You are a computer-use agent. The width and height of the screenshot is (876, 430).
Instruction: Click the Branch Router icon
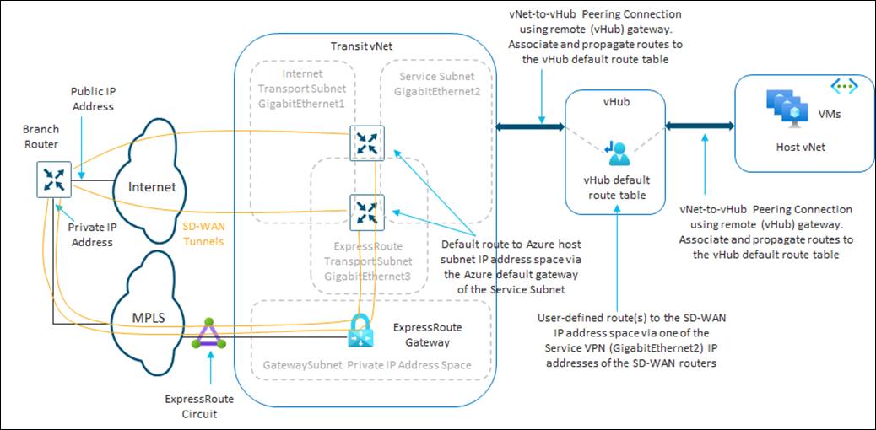tap(52, 180)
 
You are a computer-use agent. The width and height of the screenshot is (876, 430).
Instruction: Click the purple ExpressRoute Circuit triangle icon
tap(207, 337)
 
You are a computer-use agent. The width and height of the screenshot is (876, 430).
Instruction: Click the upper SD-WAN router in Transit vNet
tap(367, 142)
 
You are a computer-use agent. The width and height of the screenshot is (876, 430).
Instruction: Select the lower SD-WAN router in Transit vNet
tap(367, 212)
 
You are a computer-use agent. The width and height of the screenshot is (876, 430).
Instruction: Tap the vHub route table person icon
tap(618, 152)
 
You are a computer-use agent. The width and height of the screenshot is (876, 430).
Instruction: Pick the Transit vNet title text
tap(360, 45)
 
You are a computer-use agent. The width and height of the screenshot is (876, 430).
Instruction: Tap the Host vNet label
tap(800, 147)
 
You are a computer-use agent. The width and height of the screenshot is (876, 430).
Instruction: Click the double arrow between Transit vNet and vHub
tap(530, 127)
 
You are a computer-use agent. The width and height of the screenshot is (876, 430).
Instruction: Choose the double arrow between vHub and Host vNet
tap(700, 126)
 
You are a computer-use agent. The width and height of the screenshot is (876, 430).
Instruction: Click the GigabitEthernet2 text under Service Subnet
tap(433, 90)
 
